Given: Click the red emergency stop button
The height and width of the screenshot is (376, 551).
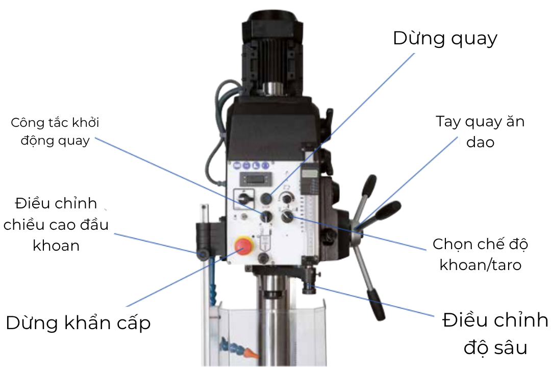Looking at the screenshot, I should coord(243,246).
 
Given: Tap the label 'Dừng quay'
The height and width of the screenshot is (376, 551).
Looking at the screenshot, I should coord(445,38).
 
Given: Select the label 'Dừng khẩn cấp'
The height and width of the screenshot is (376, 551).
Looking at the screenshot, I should coord(78,323).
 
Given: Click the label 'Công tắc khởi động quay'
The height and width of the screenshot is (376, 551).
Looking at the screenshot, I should coord(55,131).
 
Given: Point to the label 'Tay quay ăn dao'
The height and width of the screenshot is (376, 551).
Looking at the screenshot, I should coord(480,131).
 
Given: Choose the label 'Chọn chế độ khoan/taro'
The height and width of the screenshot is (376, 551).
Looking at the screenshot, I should coord(480,254).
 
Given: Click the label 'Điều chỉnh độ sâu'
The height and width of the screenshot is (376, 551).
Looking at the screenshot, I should coord(495,334).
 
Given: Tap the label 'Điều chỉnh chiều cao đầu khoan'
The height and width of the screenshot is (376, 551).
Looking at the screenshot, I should coord(56,224).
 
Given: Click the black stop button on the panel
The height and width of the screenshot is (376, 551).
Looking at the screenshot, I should coord(265,198).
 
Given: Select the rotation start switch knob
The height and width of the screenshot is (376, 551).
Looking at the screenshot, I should coord(266,217).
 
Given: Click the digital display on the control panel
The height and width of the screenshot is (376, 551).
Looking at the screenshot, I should coord(258,178).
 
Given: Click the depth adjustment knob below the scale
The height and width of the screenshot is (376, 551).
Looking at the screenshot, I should coord(309,288).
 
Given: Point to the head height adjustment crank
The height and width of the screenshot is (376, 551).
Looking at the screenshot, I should coord(204,253).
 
